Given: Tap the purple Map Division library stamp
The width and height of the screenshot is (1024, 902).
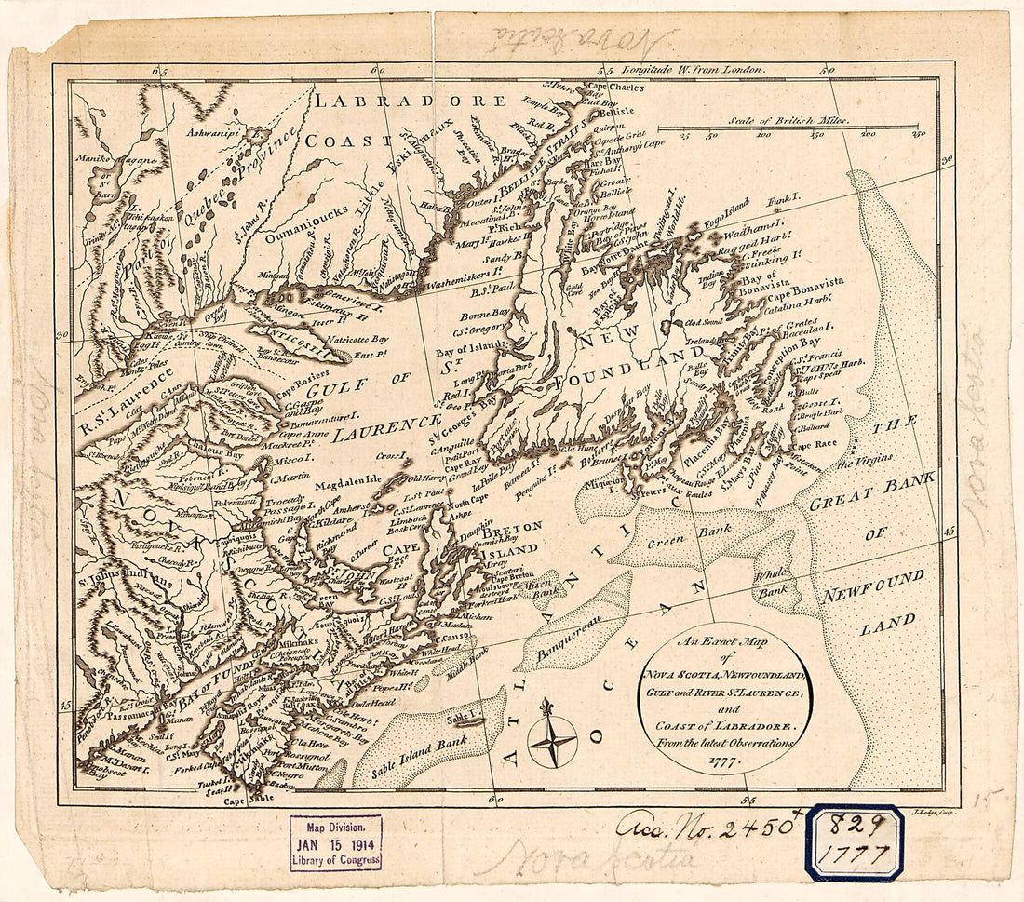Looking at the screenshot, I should pyautogui.click(x=335, y=842).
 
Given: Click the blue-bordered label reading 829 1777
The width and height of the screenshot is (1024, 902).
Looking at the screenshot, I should pyautogui.click(x=854, y=841).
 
